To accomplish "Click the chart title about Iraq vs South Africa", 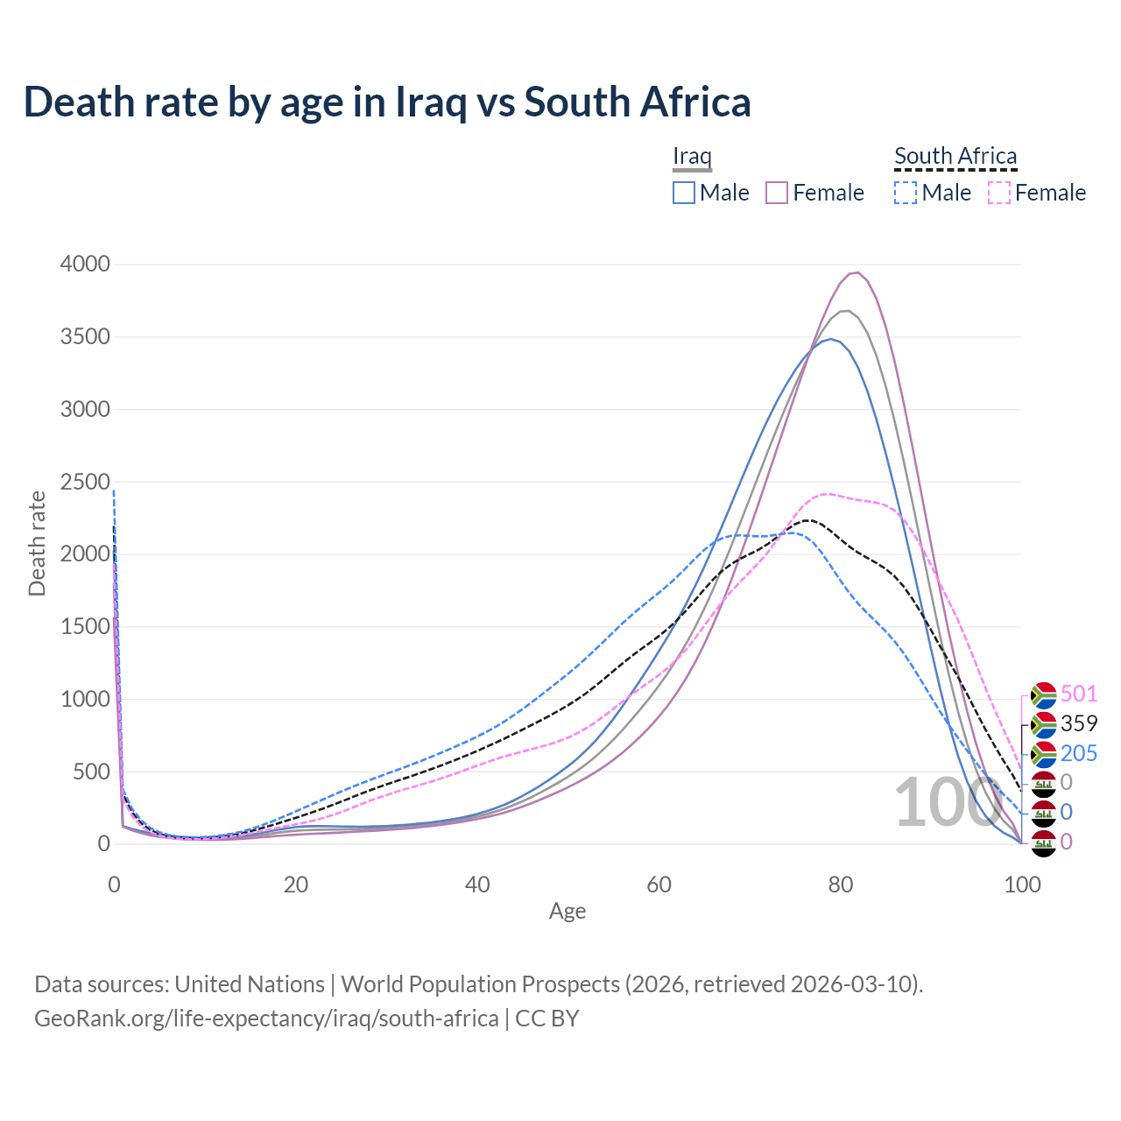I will [387, 102].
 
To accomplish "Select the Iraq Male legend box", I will [684, 193].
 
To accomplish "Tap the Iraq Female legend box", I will [777, 193].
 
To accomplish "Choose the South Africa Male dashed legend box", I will [906, 193].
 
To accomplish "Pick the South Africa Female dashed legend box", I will [999, 193].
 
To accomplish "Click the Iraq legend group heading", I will [692, 156].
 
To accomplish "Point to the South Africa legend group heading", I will [955, 156].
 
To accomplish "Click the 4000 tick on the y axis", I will [85, 264].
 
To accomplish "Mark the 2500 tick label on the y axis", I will [85, 482].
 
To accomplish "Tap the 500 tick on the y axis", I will [91, 772].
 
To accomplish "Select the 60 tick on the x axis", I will [659, 885].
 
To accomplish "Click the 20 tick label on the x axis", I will [296, 885].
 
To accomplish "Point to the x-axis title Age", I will [568, 912].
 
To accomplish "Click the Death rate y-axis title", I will [37, 543].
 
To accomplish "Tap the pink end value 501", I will [1079, 694].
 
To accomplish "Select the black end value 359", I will [1079, 723].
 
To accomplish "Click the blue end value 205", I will [1079, 753].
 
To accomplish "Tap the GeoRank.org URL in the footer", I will [266, 1019].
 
